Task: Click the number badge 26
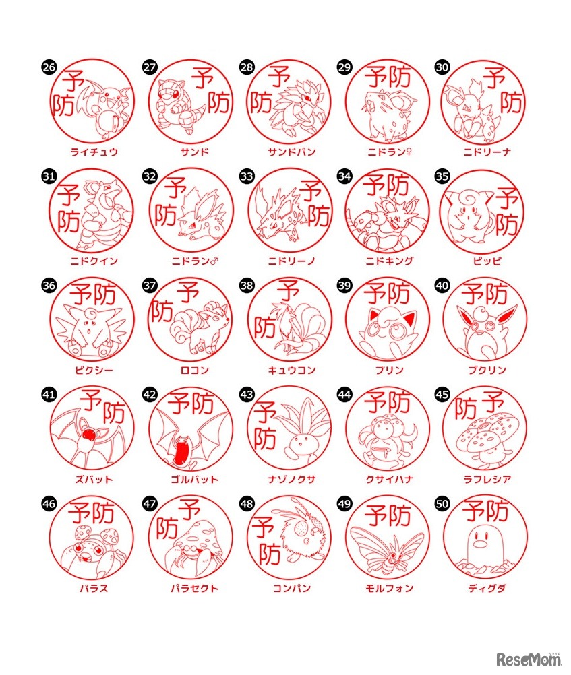point(49,67)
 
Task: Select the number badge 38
point(247,285)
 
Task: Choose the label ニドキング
point(387,261)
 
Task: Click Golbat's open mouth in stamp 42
point(177,450)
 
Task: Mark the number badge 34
point(344,176)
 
